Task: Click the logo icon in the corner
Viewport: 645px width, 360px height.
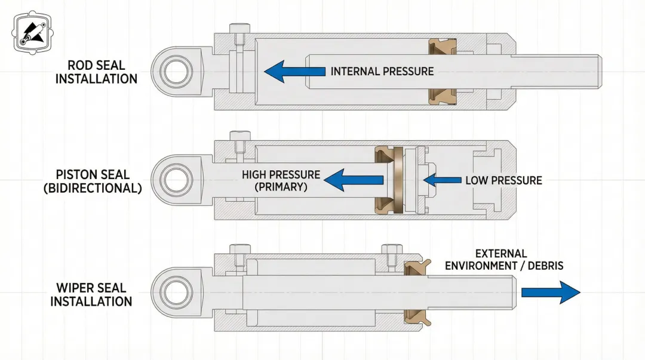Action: click(x=31, y=34)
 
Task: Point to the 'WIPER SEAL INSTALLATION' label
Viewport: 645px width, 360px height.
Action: click(x=91, y=294)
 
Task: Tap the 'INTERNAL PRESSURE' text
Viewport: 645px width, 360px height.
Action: click(x=382, y=72)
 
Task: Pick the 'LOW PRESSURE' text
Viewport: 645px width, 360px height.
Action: click(x=503, y=180)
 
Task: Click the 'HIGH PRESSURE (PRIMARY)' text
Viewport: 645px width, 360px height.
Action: click(x=281, y=180)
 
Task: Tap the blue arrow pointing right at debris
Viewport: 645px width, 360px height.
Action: click(x=550, y=292)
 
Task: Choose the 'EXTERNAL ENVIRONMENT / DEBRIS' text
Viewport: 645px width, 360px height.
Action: click(x=503, y=260)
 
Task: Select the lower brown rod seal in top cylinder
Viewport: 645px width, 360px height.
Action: click(x=443, y=95)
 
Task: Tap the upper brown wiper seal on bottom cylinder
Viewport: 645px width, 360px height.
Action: click(x=418, y=267)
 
